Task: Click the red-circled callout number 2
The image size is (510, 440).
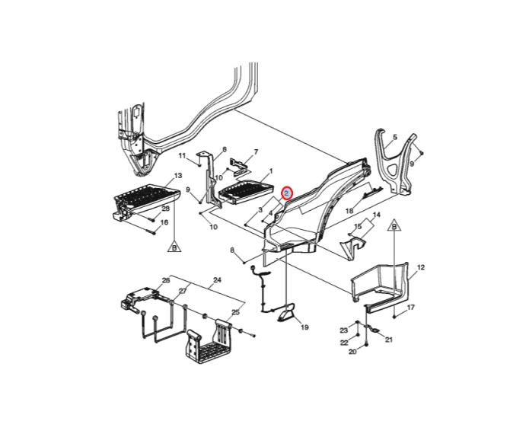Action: click(287, 194)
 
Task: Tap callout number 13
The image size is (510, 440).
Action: click(178, 176)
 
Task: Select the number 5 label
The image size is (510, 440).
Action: click(395, 137)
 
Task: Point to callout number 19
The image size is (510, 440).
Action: click(304, 327)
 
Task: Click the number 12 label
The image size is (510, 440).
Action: click(420, 267)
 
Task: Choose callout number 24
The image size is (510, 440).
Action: click(217, 279)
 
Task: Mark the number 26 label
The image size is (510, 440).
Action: click(166, 280)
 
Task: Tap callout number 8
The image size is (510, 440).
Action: click(232, 250)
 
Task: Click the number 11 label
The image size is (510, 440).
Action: click(182, 155)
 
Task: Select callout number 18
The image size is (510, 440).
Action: click(349, 211)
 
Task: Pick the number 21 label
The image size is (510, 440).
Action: click(389, 340)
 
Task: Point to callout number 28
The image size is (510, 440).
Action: click(166, 209)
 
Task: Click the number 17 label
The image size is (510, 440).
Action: click(411, 307)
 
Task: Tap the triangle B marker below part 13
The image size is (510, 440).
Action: click(175, 247)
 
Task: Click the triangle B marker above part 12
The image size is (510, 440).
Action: click(394, 225)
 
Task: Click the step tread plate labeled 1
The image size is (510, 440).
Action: click(247, 193)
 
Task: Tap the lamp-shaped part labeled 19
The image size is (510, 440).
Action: click(287, 313)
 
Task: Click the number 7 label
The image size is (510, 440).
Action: click(256, 152)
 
